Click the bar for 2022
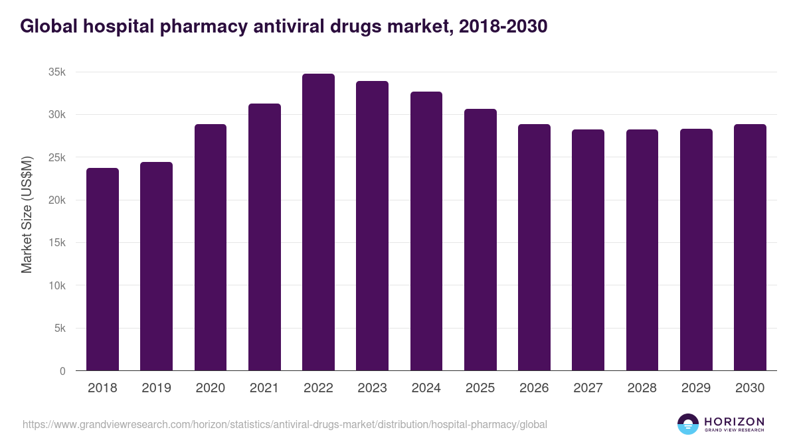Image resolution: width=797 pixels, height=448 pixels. click(x=318, y=222)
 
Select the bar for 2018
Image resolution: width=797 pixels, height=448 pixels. click(x=102, y=269)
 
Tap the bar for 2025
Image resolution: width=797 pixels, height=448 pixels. click(x=480, y=240)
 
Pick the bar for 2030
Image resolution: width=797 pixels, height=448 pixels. click(x=750, y=248)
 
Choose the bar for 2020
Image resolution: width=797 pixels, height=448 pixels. click(x=211, y=248)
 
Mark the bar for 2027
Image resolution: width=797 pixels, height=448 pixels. click(x=588, y=250)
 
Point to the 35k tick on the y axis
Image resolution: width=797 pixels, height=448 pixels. click(x=56, y=72)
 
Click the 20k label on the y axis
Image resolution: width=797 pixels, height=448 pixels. click(x=56, y=200)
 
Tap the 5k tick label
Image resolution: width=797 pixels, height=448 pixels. click(x=59, y=329)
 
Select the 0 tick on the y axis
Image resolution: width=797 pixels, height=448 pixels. click(x=62, y=371)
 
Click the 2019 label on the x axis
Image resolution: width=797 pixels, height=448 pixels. click(x=156, y=388)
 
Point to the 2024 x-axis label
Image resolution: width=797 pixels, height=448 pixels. click(x=426, y=388)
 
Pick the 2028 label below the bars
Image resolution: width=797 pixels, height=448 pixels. click(x=642, y=388)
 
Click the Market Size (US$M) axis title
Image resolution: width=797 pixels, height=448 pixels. click(x=27, y=214)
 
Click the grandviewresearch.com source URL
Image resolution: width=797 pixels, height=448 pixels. click(x=285, y=424)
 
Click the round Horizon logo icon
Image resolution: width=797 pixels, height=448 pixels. click(x=688, y=424)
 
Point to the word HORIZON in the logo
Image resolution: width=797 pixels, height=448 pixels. click(x=734, y=421)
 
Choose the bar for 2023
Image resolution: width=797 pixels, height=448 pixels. click(x=372, y=226)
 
